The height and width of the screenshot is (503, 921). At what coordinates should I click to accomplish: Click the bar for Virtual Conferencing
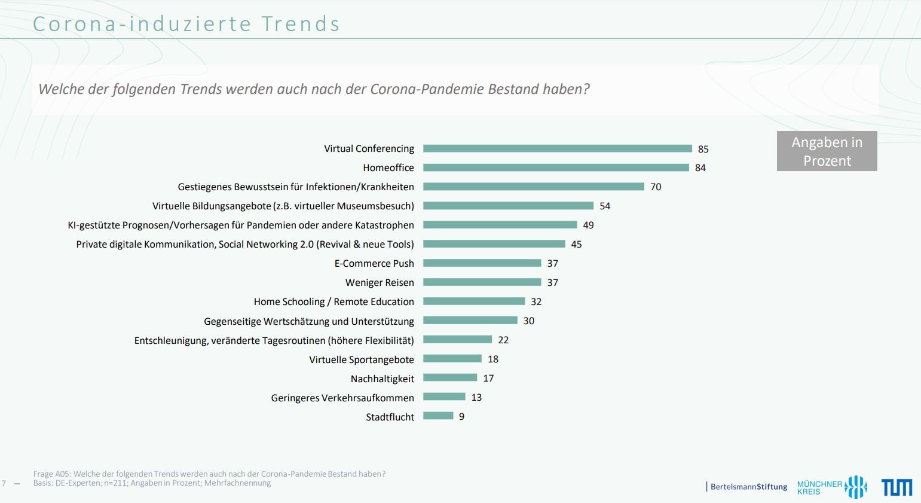557,148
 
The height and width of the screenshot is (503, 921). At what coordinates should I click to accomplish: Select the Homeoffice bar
556,167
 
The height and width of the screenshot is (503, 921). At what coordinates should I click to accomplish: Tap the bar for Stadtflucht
438,416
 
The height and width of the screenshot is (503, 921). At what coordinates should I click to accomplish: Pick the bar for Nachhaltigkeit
450,377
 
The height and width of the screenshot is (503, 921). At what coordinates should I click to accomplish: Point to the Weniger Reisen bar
482,282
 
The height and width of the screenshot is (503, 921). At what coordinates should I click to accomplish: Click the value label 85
703,149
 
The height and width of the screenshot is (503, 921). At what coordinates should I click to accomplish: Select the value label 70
656,187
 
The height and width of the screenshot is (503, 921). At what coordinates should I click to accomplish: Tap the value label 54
605,206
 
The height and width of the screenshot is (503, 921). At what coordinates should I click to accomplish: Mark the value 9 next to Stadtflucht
461,417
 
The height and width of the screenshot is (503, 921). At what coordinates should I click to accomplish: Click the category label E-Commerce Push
374,264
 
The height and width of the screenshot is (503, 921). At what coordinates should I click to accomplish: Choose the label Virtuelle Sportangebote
362,359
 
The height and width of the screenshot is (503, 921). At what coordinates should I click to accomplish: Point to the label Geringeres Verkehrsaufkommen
342,398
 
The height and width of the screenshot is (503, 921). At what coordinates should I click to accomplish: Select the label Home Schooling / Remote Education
333,302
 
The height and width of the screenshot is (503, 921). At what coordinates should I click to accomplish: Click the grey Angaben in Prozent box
827,151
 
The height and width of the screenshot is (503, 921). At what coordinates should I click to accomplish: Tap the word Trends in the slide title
301,24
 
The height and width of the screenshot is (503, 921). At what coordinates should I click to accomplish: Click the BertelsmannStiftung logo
748,487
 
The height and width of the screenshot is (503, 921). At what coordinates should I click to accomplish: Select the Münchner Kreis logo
831,487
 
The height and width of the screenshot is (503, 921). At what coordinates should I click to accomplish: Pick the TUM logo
896,487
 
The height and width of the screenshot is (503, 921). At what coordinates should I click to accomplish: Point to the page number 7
4,483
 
